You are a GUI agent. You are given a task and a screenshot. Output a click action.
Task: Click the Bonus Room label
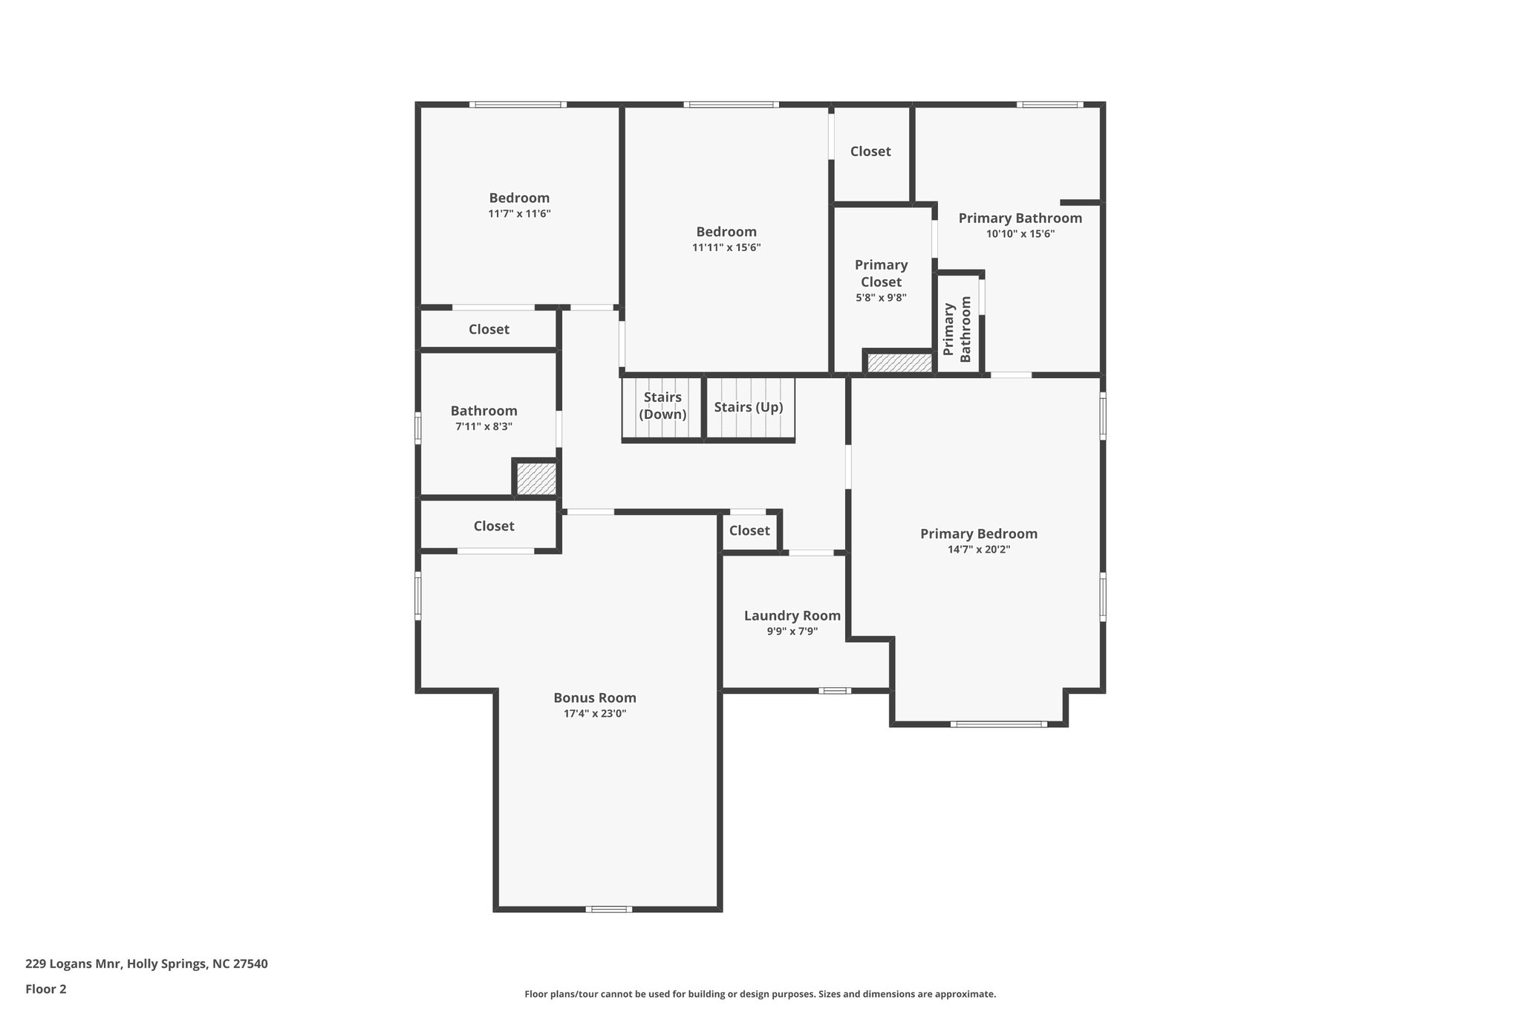[594, 698]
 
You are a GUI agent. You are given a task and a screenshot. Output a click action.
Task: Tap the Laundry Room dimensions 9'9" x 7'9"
[792, 631]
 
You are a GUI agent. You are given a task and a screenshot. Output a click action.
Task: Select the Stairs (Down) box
[662, 409]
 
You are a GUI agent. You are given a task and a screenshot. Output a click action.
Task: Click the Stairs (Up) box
[749, 409]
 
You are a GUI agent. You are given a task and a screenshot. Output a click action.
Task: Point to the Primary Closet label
[881, 273]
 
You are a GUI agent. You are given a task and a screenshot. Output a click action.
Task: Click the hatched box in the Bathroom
[536, 478]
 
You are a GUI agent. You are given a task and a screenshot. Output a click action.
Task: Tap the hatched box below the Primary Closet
[899, 363]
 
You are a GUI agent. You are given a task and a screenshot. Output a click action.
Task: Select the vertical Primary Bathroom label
[957, 329]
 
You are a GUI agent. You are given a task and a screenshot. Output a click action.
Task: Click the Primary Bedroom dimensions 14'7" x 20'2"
[978, 550]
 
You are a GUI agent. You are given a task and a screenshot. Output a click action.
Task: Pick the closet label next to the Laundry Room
[749, 530]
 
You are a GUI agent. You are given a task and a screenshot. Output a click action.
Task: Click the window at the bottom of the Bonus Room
[608, 909]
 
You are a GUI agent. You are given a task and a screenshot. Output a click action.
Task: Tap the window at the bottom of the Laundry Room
[835, 691]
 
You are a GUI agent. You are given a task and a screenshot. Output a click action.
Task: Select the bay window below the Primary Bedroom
[998, 724]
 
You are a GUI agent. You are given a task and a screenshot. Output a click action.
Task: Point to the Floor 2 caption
[46, 989]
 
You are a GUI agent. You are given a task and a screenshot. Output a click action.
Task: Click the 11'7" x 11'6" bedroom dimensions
[519, 214]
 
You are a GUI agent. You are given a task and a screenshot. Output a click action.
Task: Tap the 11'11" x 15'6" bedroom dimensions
[726, 248]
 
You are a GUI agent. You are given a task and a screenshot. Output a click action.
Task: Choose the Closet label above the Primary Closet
[870, 152]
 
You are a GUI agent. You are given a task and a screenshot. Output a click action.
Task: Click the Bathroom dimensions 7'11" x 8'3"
[483, 427]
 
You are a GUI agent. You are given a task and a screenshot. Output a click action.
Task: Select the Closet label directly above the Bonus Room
[494, 526]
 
